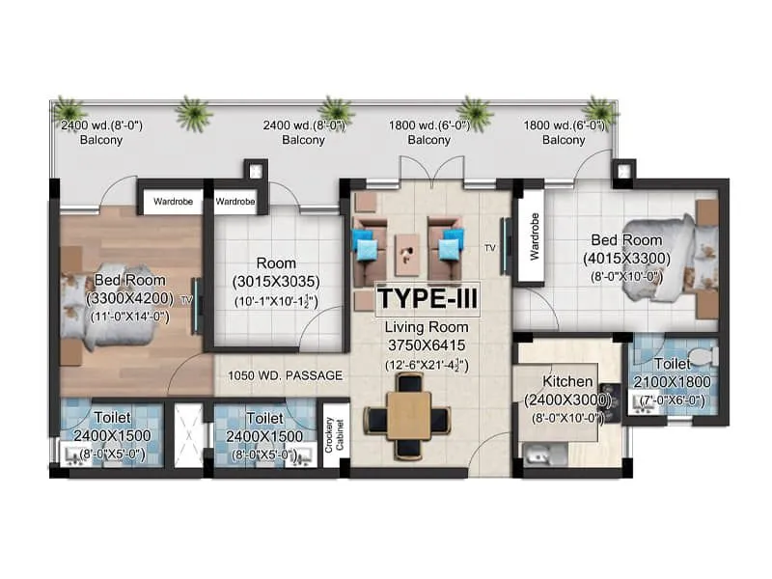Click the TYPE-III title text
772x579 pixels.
pos(427,298)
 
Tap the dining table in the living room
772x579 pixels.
pos(407,417)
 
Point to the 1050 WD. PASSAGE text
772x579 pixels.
pos(285,375)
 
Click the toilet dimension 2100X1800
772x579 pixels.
pos(673,382)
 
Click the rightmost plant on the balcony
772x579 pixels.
pos(600,109)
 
